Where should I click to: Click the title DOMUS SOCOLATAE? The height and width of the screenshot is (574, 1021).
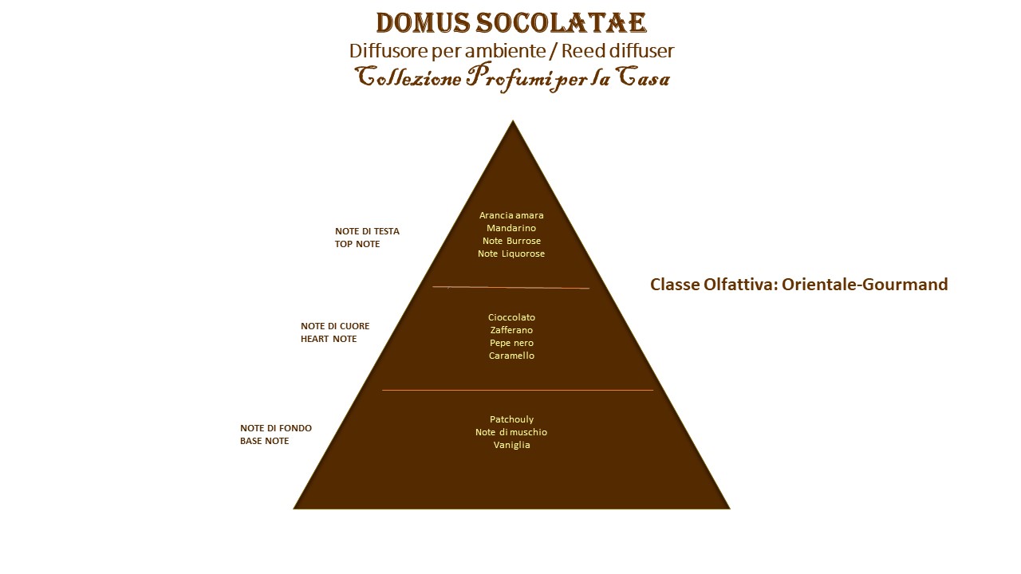511,23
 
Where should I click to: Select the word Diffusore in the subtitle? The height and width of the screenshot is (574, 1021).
388,50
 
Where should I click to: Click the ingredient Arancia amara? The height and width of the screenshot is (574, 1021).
511,215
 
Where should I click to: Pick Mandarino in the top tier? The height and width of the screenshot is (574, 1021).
511,228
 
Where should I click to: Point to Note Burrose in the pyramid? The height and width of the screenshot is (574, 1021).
511,241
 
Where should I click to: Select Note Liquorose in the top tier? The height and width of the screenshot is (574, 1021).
511,254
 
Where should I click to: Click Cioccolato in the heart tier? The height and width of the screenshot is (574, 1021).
511,317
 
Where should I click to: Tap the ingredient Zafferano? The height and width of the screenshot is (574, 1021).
511,330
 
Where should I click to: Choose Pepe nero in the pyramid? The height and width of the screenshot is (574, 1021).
511,343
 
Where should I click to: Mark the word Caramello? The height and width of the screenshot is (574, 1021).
511,356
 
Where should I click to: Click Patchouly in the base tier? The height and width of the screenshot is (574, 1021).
511,419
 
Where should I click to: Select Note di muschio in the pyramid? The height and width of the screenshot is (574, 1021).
511,432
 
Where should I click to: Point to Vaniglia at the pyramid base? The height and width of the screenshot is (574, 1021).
511,445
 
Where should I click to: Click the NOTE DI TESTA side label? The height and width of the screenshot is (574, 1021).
367,231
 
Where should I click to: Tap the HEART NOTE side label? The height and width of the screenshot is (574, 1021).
329,339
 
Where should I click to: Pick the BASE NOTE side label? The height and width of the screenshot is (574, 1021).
264,441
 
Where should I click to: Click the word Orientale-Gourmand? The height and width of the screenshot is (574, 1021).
865,285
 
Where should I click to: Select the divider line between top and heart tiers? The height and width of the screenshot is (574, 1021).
511,288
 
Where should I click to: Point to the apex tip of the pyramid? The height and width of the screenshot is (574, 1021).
513,120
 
